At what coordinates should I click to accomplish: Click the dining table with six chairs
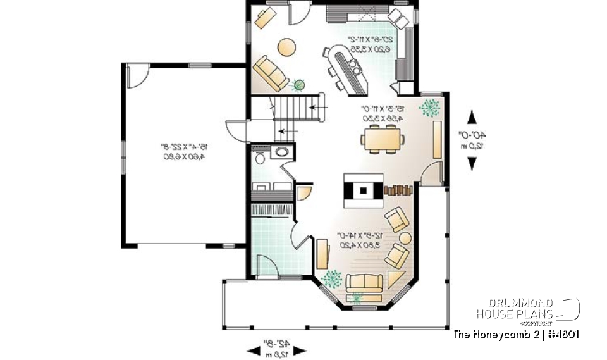click(382, 137)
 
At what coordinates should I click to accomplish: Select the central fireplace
click(363, 189)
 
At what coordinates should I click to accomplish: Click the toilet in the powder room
click(259, 156)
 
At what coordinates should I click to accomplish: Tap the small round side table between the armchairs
click(405, 239)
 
